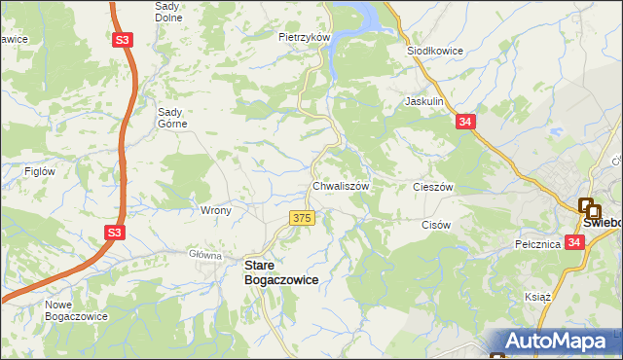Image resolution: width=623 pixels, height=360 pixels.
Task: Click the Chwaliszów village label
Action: (340, 186)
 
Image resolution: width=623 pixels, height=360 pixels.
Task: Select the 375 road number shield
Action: (302, 218)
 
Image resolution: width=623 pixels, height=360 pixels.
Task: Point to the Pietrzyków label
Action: (305, 37)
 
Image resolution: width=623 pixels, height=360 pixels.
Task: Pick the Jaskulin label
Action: (424, 101)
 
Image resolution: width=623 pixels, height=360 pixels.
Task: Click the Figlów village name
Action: (39, 171)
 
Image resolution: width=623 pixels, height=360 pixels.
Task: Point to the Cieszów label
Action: (434, 187)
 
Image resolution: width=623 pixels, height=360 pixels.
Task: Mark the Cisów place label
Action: (436, 224)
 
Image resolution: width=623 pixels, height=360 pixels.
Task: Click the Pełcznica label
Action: (538, 244)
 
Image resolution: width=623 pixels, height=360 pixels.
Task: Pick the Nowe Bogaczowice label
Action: (75, 310)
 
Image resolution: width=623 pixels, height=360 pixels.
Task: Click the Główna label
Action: (205, 255)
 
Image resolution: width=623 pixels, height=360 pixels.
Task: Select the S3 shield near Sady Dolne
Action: (121, 41)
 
